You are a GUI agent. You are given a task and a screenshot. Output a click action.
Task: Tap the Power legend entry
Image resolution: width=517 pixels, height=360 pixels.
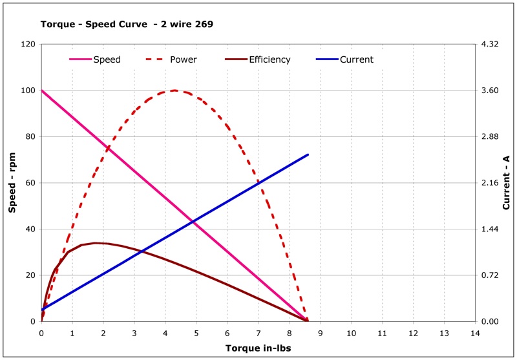(183, 59)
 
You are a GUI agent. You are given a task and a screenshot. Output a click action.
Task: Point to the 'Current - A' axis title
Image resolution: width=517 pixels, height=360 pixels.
(506, 183)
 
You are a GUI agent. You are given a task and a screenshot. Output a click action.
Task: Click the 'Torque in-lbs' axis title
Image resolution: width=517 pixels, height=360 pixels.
(258, 348)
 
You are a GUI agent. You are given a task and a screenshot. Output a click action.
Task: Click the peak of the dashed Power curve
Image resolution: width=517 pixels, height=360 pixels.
(174, 90)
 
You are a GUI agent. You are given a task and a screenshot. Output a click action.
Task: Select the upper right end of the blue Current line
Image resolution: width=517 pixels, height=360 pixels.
(308, 154)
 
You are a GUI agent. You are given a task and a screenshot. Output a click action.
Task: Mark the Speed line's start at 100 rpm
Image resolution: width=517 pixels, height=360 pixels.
(42, 90)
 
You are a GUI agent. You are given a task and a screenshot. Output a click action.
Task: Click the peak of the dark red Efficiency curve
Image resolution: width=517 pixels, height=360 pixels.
(96, 243)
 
